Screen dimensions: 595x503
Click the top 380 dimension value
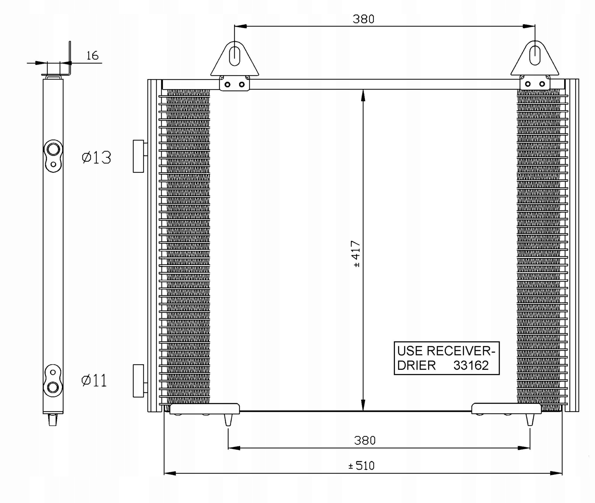363,19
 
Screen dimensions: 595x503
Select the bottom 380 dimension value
365,440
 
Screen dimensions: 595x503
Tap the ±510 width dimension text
361,466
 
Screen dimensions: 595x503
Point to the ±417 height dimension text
356,254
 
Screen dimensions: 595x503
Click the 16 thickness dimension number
92,56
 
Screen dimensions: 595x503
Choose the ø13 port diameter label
96,158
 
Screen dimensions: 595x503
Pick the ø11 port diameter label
94,380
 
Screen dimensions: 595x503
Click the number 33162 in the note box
471,366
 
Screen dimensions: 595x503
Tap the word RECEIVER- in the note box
461,351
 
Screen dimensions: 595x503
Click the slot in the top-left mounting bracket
235,54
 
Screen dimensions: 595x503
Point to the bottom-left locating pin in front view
228,420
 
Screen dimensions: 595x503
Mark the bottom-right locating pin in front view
530,420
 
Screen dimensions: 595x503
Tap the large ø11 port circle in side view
53,387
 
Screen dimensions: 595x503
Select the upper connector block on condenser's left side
138,156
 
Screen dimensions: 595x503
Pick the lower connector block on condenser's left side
138,381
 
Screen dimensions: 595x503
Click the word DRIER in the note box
416,366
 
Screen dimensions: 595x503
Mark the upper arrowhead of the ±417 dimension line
363,95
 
